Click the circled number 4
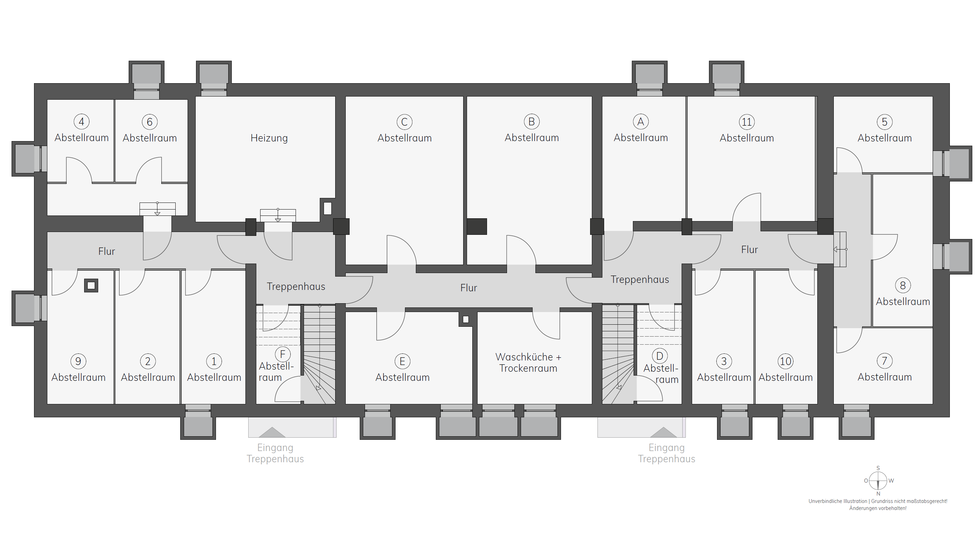(x=81, y=122)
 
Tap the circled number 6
(x=149, y=122)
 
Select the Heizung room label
(x=269, y=138)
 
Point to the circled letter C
(x=404, y=122)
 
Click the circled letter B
(x=532, y=121)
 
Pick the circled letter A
(x=641, y=121)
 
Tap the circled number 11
(x=747, y=122)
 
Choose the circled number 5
(x=885, y=122)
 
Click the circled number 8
(x=903, y=285)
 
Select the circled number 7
(x=885, y=361)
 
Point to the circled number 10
(x=786, y=361)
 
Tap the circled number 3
(x=724, y=361)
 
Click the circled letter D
(x=660, y=356)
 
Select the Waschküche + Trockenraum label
(x=528, y=363)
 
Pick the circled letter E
(x=402, y=361)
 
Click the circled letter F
(x=282, y=354)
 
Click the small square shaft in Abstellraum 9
(x=91, y=285)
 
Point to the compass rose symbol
(x=878, y=480)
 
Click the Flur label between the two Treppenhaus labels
(x=469, y=288)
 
